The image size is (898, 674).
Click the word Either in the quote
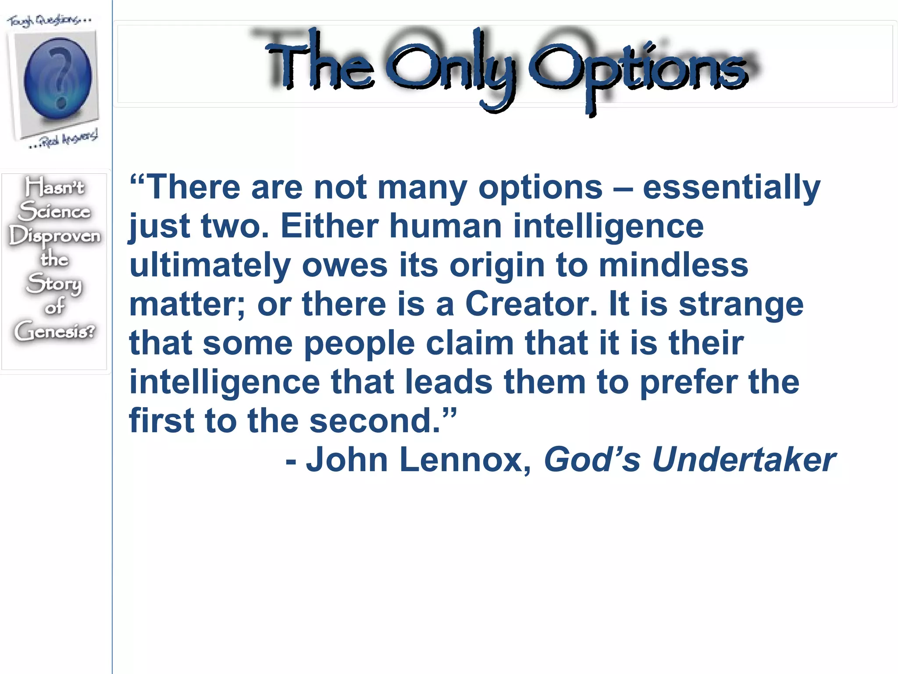(x=329, y=226)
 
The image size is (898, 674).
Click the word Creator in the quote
(x=531, y=304)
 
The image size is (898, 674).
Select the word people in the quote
(x=359, y=344)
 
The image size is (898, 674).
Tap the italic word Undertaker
(x=744, y=460)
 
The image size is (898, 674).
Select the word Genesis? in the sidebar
(x=54, y=331)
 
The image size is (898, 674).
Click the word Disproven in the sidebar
(x=55, y=236)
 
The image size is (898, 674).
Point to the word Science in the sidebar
(x=55, y=211)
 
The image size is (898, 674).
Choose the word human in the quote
(x=445, y=226)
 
